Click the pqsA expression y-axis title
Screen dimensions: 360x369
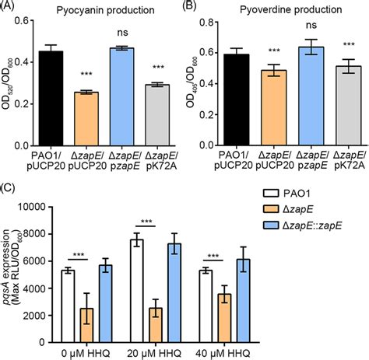click(17, 268)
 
